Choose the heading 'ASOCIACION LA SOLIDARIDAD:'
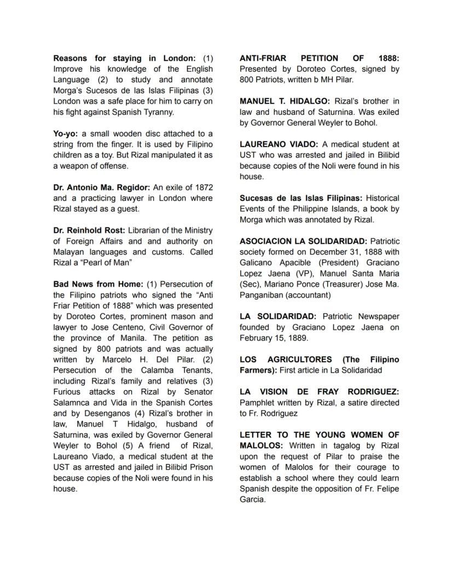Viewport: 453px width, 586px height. (303, 241)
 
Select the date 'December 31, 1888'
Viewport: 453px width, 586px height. (347, 252)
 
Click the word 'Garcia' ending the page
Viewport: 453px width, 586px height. (252, 500)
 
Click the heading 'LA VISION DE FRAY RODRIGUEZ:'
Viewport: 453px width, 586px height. (319, 392)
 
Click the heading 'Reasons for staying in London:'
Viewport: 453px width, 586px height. (124, 58)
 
